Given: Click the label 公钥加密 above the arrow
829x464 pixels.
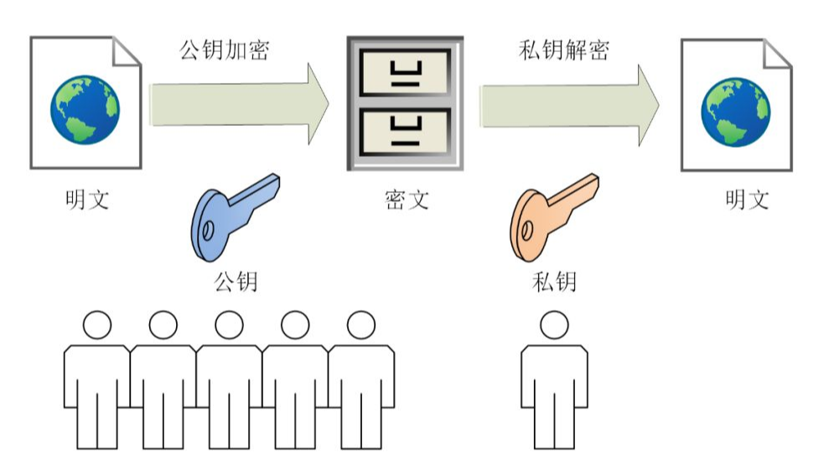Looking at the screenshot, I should click(x=224, y=49).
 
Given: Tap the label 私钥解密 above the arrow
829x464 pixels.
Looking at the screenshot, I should click(x=562, y=49).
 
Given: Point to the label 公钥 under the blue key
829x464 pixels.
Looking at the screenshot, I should click(x=236, y=280).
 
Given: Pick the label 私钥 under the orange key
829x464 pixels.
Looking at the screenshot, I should click(x=554, y=280).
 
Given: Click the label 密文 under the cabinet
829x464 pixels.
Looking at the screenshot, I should click(x=406, y=200).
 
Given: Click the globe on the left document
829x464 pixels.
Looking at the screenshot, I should click(x=85, y=109).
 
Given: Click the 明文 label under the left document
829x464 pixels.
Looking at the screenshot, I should click(x=86, y=200).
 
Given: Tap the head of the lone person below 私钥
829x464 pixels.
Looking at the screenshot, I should click(x=553, y=325).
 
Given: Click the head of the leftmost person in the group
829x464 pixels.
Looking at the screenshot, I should click(x=96, y=325).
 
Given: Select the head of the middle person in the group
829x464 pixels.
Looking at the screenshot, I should click(x=228, y=325).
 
